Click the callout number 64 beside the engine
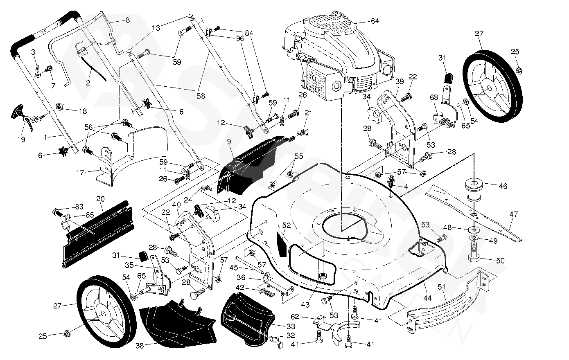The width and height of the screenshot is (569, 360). (x=375, y=21)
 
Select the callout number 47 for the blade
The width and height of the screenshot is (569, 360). (x=514, y=214)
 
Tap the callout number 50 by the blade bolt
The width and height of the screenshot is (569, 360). (x=500, y=260)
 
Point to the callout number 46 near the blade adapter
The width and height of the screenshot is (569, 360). (x=503, y=186)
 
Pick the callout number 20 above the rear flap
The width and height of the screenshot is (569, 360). (x=100, y=199)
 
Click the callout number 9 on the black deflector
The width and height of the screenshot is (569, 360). (x=229, y=142)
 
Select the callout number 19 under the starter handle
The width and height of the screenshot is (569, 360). (x=21, y=139)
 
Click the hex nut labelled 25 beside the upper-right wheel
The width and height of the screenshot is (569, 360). (x=519, y=70)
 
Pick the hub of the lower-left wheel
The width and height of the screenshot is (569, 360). (x=101, y=314)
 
